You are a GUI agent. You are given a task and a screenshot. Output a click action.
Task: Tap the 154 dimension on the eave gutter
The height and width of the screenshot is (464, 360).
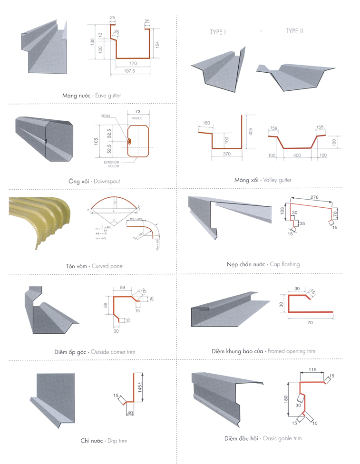click(157, 44)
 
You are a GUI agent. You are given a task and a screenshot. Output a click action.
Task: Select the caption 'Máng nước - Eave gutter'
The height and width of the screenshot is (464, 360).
click(91, 96)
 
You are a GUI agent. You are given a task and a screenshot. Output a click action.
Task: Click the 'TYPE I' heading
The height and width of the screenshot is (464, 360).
click(218, 32)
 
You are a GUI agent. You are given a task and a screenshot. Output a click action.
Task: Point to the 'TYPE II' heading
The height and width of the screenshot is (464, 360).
click(294, 31)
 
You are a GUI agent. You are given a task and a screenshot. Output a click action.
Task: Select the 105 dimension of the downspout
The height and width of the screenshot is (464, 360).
click(96, 141)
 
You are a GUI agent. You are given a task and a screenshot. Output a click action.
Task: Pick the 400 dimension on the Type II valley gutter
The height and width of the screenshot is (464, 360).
click(297, 155)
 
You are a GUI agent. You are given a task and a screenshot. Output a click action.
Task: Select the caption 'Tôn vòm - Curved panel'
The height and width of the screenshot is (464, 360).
click(95, 266)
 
